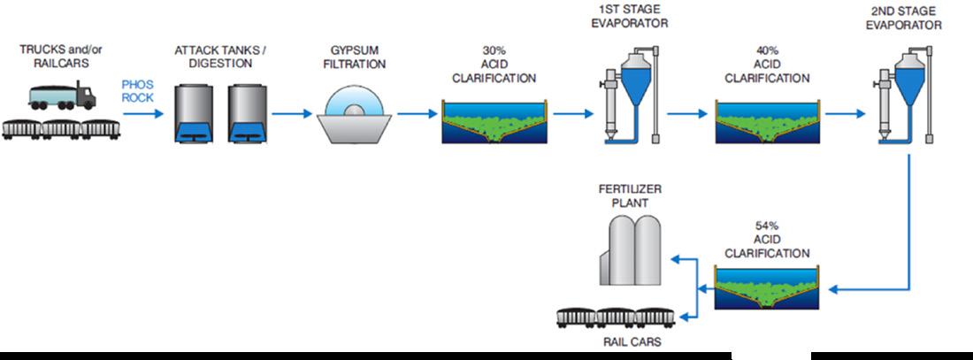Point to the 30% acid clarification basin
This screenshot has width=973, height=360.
[x=494, y=123]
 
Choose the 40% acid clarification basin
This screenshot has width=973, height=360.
[x=766, y=123]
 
